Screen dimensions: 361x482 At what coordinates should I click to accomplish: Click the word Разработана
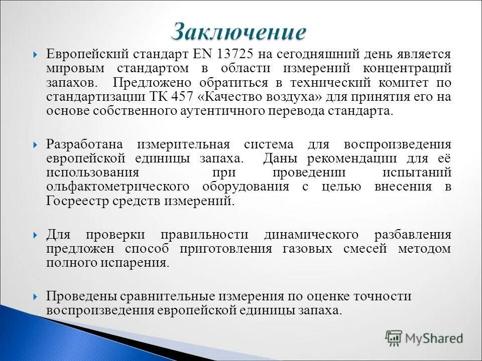(84, 144)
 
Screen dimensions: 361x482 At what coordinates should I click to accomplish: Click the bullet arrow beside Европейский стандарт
(36, 55)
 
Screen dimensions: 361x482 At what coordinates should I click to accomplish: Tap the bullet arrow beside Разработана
(36, 145)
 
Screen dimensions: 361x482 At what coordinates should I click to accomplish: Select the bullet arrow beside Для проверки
(36, 235)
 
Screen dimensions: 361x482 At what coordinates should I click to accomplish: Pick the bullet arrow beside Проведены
(36, 297)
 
